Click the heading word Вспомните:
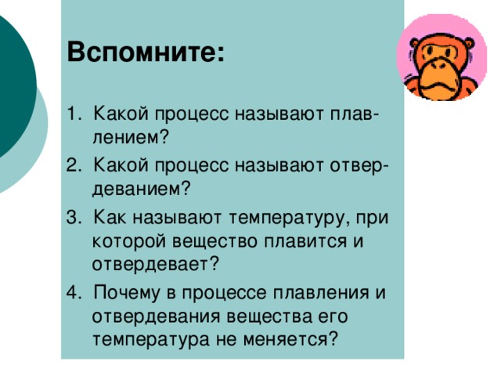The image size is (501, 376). (147, 54)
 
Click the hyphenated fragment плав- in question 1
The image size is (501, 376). (351, 116)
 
